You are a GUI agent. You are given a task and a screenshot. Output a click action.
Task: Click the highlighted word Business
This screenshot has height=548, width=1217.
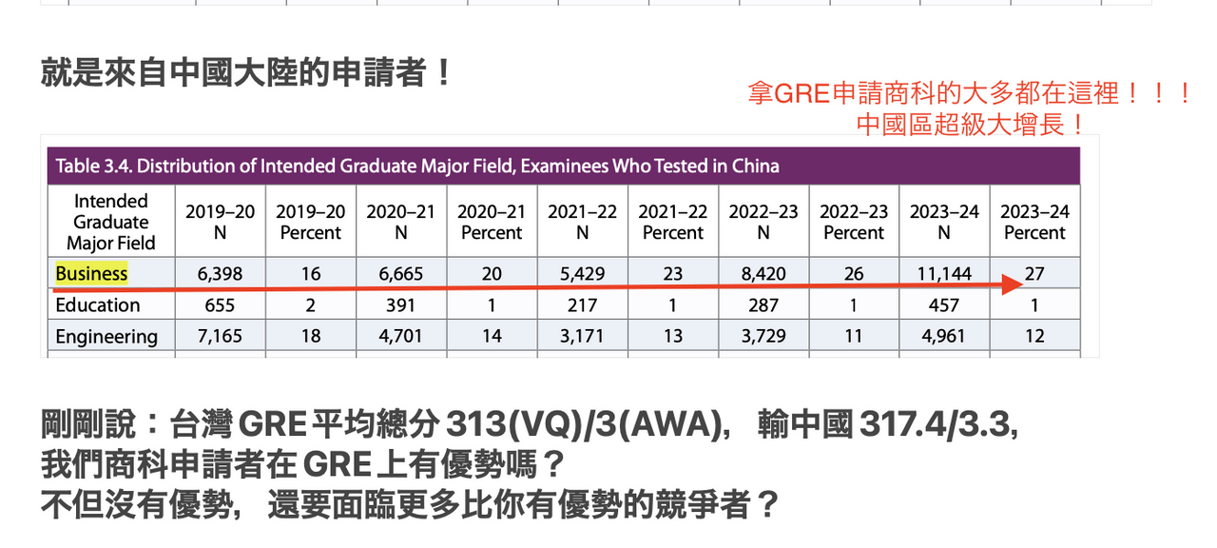coord(91,274)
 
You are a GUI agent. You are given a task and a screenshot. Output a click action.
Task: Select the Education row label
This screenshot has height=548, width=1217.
coord(97,305)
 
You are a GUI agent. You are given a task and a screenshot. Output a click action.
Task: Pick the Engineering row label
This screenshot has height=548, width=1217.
coord(106,337)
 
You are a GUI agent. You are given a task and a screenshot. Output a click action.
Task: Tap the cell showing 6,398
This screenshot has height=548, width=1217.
coord(220,274)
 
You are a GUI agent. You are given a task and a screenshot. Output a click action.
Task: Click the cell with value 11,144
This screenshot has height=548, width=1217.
coord(944,274)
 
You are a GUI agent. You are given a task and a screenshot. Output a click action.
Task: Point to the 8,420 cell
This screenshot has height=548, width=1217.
coord(763,274)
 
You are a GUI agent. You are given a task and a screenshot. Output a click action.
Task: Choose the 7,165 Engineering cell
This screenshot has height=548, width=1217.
coord(220,337)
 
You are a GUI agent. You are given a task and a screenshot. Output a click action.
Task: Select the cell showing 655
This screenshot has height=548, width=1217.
coord(220,305)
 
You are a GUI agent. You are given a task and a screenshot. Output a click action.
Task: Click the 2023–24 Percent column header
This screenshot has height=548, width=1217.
coord(1034,223)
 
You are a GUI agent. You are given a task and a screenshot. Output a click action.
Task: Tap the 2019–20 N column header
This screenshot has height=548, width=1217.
coord(220,223)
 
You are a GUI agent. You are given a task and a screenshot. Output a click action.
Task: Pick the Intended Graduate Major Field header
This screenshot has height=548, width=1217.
coord(110,222)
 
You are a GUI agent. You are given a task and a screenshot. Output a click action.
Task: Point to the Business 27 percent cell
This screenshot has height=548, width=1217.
coord(1034,273)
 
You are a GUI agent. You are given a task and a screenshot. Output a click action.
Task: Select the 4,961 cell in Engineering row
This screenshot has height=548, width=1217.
coord(944,337)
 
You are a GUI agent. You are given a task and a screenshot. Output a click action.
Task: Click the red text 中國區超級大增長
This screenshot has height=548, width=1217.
coord(970,125)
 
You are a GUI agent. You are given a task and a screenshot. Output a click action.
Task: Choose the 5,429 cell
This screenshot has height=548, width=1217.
coord(582,274)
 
